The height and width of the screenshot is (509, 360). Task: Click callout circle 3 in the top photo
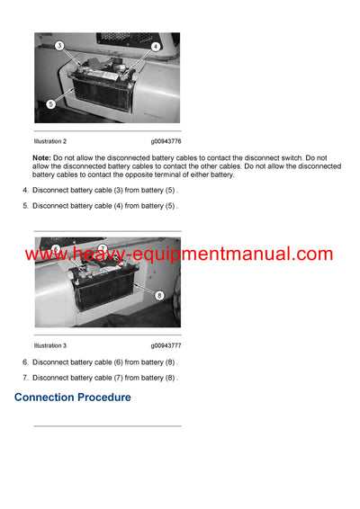[59, 45]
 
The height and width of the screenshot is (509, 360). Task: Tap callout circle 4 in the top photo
[155, 46]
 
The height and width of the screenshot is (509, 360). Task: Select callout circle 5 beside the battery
[50, 104]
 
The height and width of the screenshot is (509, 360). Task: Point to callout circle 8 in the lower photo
[158, 294]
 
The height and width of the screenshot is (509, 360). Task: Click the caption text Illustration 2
[50, 141]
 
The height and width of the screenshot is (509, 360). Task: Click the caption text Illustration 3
[50, 345]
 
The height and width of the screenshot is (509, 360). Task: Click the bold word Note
[41, 157]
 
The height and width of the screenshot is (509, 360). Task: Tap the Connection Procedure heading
[73, 397]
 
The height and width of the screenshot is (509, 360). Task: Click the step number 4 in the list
[24, 191]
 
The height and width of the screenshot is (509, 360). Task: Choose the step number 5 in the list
[24, 206]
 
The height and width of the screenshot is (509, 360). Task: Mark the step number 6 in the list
[24, 362]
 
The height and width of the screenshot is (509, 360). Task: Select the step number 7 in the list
[24, 377]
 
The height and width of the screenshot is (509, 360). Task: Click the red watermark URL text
[179, 254]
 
